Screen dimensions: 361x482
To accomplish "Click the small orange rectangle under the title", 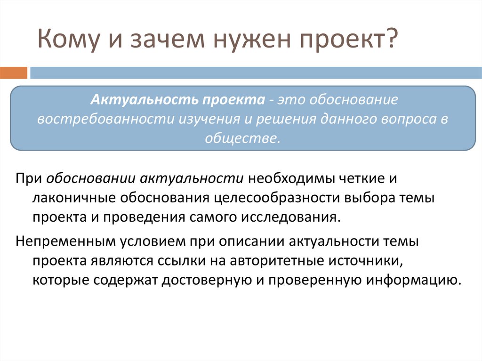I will click(14, 73).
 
